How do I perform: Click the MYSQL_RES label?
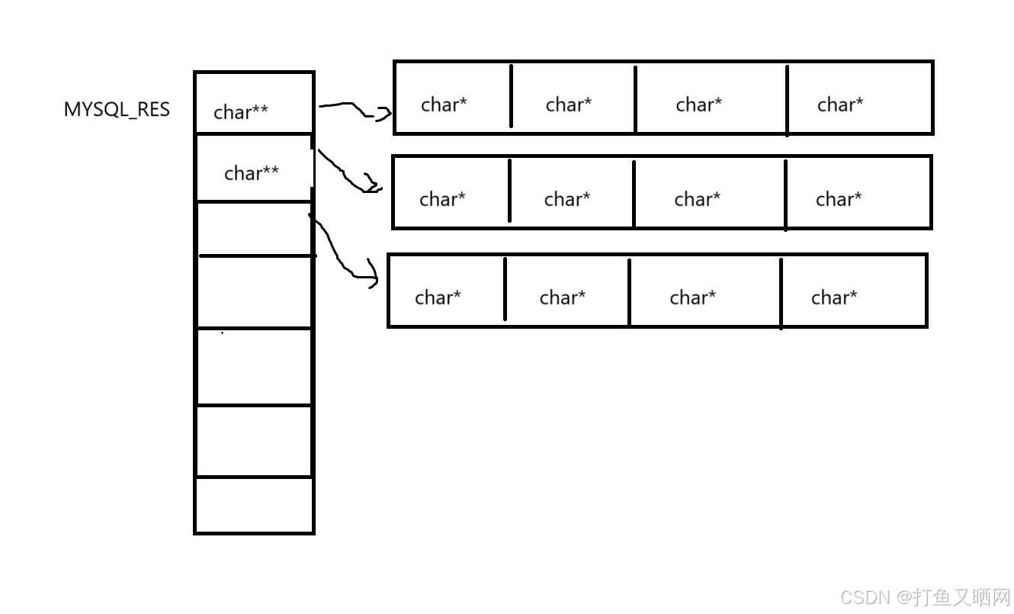tap(117, 110)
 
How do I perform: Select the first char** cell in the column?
tap(254, 103)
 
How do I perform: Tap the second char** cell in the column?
tap(254, 168)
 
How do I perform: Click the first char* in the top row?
tap(444, 105)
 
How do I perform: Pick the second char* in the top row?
tap(569, 105)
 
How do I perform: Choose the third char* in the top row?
tap(699, 105)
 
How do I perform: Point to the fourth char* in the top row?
tap(840, 105)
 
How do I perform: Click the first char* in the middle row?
tap(442, 199)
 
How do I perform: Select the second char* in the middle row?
tap(567, 199)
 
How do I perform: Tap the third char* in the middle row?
tap(697, 199)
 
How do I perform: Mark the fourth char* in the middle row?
tap(839, 199)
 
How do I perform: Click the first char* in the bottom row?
tap(438, 298)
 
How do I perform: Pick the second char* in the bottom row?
tap(563, 298)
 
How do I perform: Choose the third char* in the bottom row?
tap(693, 298)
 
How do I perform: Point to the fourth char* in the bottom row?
tap(834, 298)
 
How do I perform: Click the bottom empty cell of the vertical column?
tap(254, 505)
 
